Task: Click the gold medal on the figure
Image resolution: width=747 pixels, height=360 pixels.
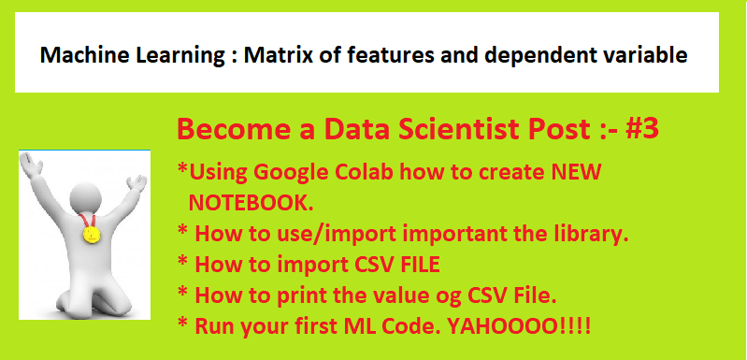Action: click(x=92, y=234)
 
